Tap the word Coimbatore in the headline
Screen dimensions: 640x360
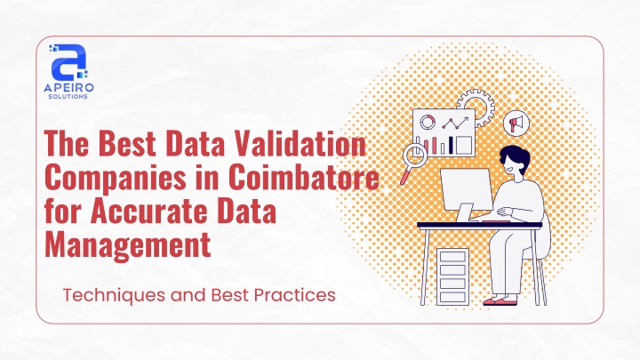coord(304,177)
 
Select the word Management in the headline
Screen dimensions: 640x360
coord(128,244)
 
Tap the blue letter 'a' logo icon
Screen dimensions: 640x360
coord(68,61)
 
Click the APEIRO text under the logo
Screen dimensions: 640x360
coord(68,87)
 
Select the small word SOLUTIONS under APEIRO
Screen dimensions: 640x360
coord(68,97)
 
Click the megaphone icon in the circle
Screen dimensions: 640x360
coord(516,123)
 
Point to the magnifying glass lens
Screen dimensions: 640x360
coord(415,156)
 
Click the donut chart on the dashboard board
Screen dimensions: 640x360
coord(428,122)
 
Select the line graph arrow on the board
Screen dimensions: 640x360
coord(456,123)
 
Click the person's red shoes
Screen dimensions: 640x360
coord(500,301)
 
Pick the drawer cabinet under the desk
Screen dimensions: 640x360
coord(452,276)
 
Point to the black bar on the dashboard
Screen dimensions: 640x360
coord(451,145)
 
